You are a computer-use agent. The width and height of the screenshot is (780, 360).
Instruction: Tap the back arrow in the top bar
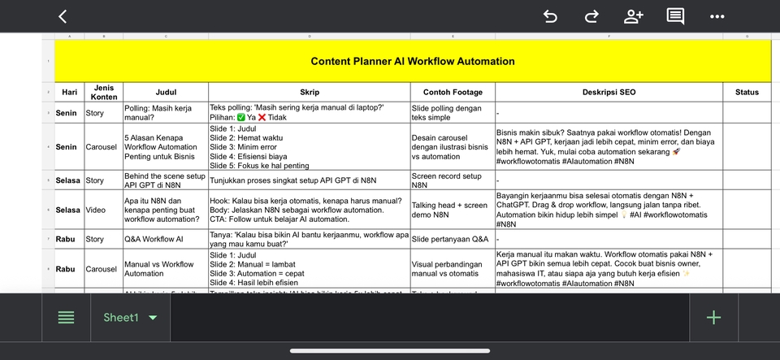(63, 16)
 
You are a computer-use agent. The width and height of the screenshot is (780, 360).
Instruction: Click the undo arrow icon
(550, 16)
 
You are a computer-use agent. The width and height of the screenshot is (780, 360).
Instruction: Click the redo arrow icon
(591, 16)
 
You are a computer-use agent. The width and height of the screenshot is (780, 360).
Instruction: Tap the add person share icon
(634, 16)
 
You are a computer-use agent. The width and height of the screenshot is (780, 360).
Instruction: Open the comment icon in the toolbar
(675, 16)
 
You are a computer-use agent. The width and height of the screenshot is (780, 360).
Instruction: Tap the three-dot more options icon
(717, 16)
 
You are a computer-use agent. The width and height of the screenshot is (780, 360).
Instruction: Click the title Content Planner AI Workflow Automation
(412, 61)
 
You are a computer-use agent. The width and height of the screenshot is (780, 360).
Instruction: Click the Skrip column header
(309, 93)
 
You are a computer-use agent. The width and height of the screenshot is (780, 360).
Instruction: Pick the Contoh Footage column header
(452, 93)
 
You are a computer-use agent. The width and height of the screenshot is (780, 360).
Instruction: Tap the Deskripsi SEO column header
(609, 93)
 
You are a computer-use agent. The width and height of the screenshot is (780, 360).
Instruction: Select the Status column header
(747, 93)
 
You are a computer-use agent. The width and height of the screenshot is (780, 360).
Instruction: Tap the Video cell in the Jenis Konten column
(96, 210)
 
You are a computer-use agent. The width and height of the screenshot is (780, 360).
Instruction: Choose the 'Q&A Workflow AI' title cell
(153, 240)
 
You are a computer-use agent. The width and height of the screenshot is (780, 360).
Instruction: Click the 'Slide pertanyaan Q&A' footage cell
(450, 240)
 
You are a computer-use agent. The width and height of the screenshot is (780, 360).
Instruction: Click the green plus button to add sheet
(713, 318)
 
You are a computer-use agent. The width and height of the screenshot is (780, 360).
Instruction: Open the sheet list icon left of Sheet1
(67, 318)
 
